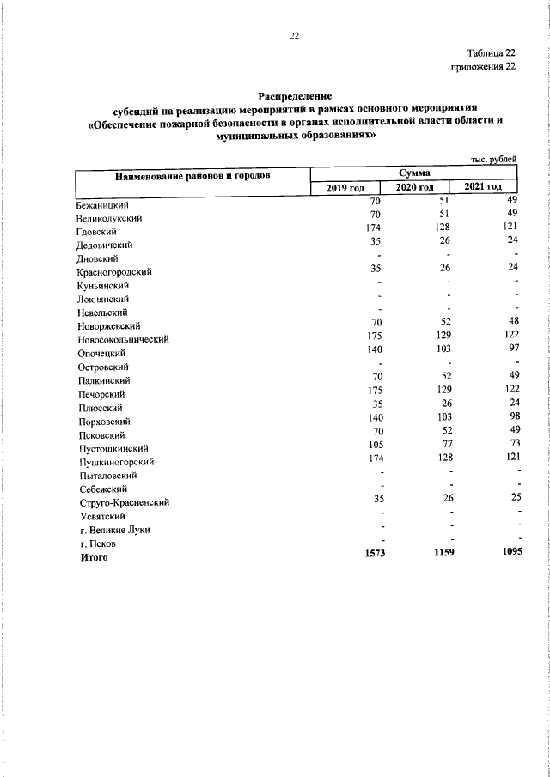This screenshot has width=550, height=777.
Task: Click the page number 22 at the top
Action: pyautogui.click(x=294, y=35)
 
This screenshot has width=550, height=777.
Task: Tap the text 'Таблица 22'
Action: pyautogui.click(x=492, y=53)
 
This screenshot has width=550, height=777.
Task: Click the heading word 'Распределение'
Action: pyautogui.click(x=295, y=97)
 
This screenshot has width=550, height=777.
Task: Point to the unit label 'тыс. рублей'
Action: pyautogui.click(x=493, y=159)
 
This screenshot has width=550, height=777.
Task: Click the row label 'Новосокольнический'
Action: pyautogui.click(x=122, y=339)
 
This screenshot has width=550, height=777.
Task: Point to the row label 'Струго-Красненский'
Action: pyautogui.click(x=122, y=502)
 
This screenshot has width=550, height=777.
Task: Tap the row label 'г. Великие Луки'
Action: pyautogui.click(x=114, y=530)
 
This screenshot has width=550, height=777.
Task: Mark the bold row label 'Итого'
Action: pyautogui.click(x=93, y=557)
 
